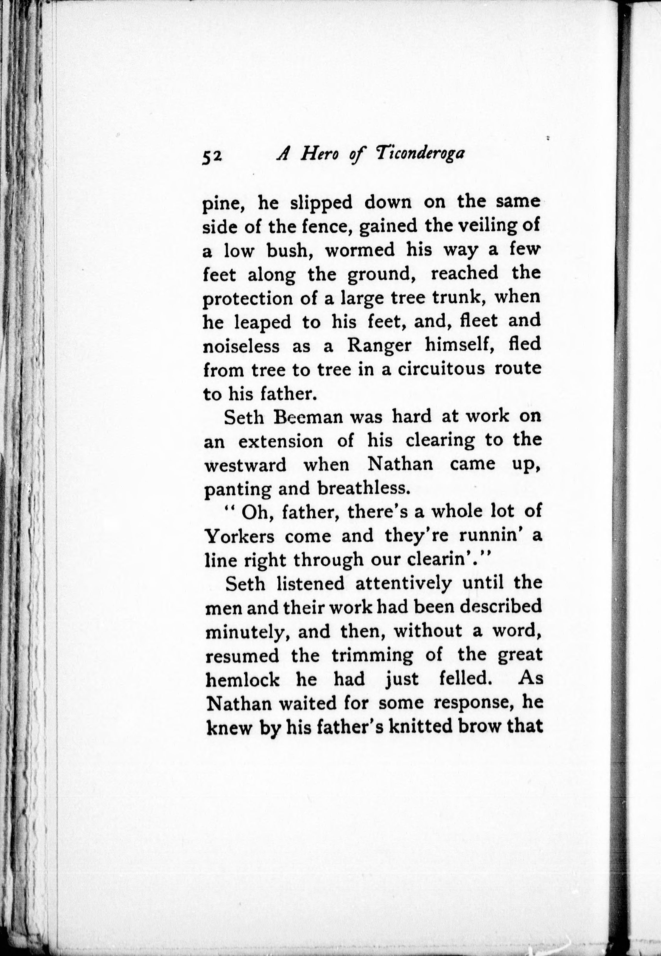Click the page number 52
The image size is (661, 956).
[x=213, y=157]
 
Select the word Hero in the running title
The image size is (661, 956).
[x=320, y=154]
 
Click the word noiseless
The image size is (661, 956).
[x=241, y=346]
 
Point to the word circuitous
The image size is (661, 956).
[x=441, y=369]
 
